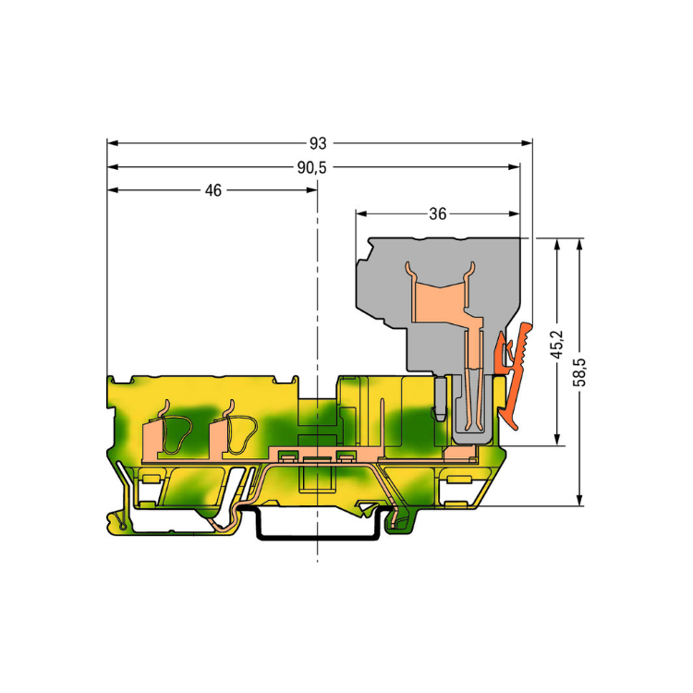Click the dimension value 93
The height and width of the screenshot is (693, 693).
pyautogui.click(x=318, y=143)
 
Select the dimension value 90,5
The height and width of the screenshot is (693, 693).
pyautogui.click(x=312, y=167)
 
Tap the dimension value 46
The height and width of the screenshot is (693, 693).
pyautogui.click(x=213, y=190)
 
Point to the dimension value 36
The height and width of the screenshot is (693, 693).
pyautogui.click(x=438, y=214)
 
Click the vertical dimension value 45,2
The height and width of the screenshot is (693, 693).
pyautogui.click(x=558, y=345)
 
